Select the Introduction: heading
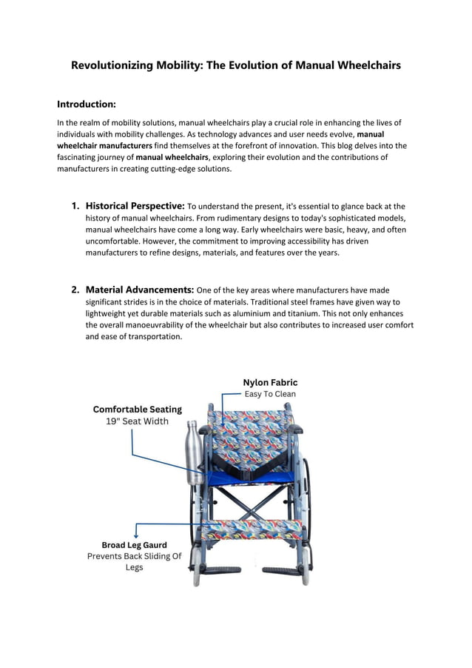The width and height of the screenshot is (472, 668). [x=87, y=104]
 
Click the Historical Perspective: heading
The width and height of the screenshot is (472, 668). [x=135, y=206]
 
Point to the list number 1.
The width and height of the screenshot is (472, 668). [x=75, y=206]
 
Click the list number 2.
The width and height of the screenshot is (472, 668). [x=75, y=290]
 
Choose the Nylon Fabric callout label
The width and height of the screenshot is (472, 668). [x=270, y=382]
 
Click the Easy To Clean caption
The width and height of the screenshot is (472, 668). [x=270, y=394]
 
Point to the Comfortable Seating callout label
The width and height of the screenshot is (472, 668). [x=137, y=409]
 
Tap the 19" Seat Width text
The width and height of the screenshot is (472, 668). [x=137, y=421]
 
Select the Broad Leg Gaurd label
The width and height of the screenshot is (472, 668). [x=134, y=545]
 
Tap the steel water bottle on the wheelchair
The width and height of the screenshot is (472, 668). [x=194, y=453]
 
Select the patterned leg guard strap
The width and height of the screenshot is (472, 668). [x=252, y=528]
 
